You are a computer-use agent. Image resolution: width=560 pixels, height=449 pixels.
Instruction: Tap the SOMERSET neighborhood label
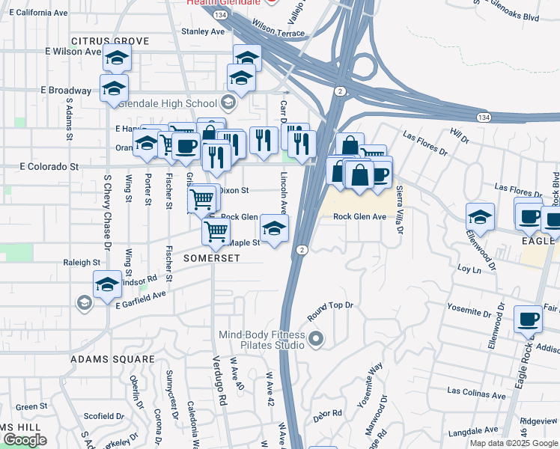[x=212, y=258]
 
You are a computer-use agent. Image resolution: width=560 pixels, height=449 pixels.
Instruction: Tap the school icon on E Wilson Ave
[x=117, y=58]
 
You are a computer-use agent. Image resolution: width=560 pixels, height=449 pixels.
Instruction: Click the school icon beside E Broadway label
[x=114, y=88]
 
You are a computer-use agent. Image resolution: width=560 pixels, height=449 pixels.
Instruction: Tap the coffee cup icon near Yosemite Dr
[x=528, y=319]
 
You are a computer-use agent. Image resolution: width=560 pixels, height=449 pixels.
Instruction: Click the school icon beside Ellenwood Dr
[x=480, y=217]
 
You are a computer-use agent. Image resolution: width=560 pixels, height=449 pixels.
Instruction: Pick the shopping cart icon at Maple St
[x=216, y=230]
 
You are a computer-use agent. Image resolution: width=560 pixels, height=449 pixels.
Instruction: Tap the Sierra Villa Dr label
[x=399, y=210]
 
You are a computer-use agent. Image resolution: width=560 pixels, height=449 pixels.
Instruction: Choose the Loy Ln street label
[x=467, y=267]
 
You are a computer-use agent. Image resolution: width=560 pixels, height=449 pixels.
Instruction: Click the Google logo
[x=25, y=440]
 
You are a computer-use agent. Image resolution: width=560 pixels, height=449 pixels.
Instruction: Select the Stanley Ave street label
[x=203, y=32]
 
